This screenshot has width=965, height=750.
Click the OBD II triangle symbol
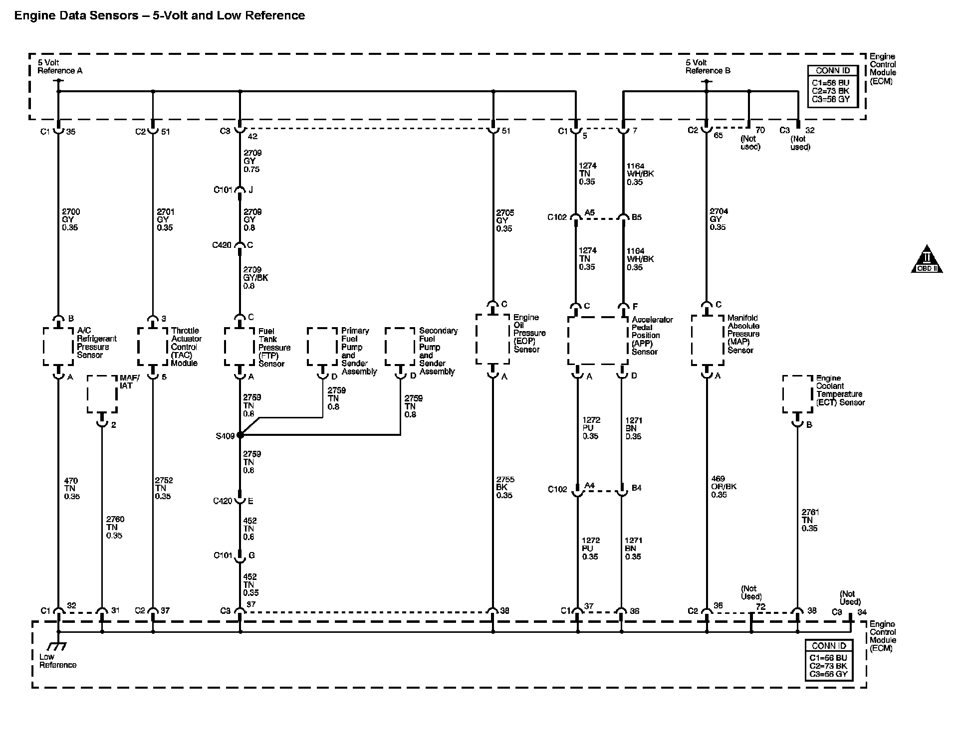[927, 260]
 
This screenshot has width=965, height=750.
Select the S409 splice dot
[240, 435]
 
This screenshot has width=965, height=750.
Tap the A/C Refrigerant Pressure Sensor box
[58, 347]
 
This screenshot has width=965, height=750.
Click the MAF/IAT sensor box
[102, 394]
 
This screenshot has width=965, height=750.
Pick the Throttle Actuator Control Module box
[153, 347]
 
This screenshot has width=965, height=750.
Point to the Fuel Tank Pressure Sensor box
[240, 347]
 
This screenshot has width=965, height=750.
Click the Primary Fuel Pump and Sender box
[322, 347]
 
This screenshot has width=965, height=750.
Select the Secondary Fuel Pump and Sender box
[400, 347]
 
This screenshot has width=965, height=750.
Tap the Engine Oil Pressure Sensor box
[493, 339]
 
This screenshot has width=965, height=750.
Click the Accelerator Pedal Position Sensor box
[598, 341]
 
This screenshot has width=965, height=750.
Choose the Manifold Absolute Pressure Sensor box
[707, 340]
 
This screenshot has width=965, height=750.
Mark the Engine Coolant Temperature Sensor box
[797, 394]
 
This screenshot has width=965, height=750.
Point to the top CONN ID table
[832, 87]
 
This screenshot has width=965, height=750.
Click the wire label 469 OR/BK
[724, 487]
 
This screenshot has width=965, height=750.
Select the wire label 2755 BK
[505, 487]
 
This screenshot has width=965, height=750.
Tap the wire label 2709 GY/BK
[255, 278]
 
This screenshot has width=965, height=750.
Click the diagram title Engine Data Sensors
[159, 15]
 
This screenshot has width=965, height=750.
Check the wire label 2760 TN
[114, 527]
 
